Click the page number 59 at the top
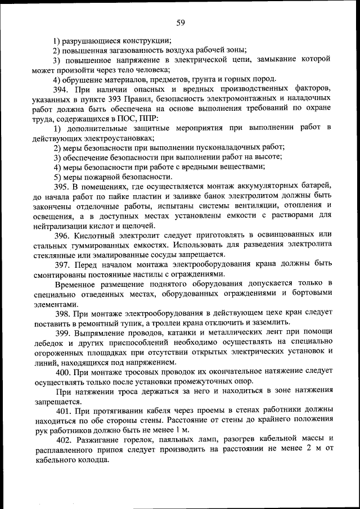click(180, 23)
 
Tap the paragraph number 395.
click(61, 186)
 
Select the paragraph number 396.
click(61, 235)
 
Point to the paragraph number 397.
click(61, 264)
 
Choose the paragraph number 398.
click(61, 312)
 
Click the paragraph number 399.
click(61, 332)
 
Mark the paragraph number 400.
click(61, 371)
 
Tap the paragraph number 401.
click(61, 410)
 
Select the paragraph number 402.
click(61, 439)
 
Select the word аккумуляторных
click(251, 186)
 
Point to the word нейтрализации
click(62, 225)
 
